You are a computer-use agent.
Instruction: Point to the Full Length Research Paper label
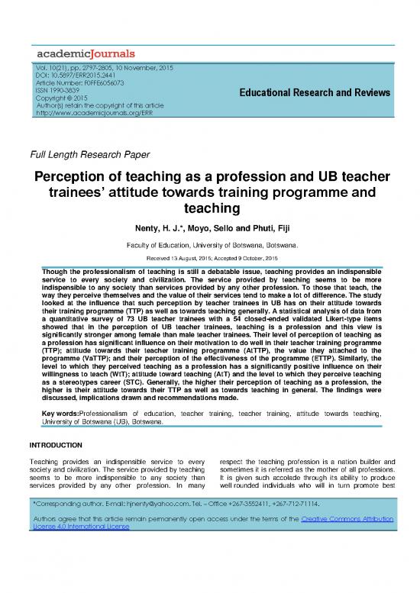(89, 155)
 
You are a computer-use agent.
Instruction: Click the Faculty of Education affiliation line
(210, 245)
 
